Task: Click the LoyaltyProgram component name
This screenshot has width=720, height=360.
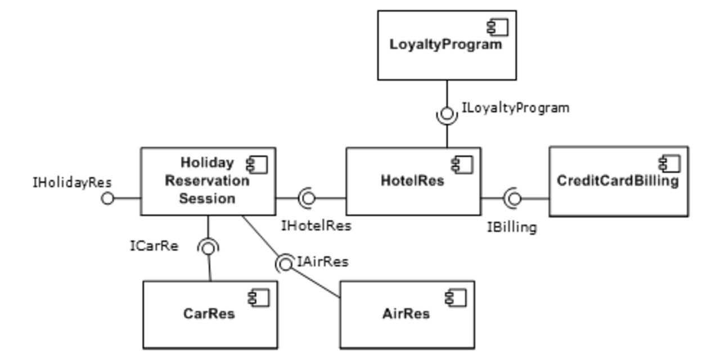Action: click(445, 45)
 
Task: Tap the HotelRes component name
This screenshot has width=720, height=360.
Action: click(412, 181)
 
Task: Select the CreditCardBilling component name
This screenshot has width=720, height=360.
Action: click(618, 181)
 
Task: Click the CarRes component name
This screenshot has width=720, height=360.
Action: click(209, 314)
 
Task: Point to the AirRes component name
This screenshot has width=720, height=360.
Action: click(406, 314)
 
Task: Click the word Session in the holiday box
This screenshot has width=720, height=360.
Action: click(208, 199)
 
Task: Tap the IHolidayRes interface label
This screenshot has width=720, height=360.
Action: click(72, 183)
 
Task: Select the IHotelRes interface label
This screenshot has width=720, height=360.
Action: click(316, 226)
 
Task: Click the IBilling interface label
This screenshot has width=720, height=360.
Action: click(512, 228)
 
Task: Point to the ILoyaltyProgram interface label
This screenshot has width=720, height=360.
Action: click(515, 109)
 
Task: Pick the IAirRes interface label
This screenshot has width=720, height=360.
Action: click(323, 262)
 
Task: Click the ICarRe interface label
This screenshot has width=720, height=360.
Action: click(154, 246)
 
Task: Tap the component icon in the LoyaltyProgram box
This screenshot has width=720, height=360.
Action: click(498, 28)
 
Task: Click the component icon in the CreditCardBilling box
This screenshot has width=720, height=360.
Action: click(669, 164)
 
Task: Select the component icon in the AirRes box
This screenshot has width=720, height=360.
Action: click(456, 298)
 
